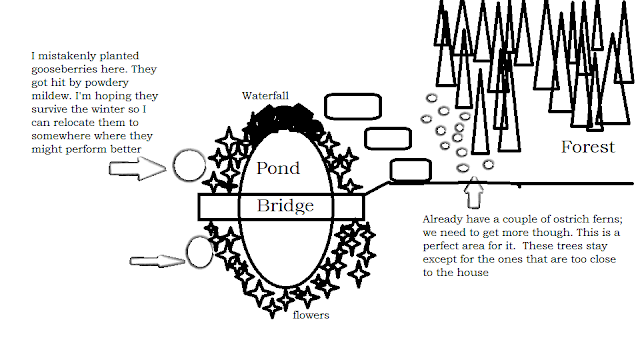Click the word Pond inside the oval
click(278, 168)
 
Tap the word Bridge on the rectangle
click(285, 206)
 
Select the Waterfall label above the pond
click(265, 96)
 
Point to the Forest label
click(588, 147)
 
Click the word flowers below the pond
click(311, 315)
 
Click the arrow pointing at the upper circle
click(138, 169)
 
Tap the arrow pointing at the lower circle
click(157, 261)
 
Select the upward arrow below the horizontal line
click(474, 192)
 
